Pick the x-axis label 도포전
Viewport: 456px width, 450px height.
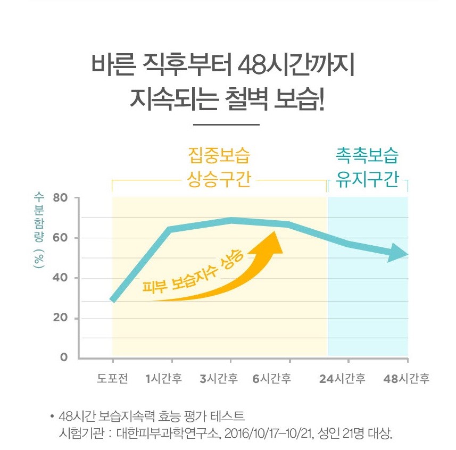113,379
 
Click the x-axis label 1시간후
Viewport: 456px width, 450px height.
164,379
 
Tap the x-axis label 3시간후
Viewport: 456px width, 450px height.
219,379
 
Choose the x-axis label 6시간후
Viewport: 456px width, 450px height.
271,379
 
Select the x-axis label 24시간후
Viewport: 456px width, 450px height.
342,379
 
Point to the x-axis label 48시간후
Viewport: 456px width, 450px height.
407,379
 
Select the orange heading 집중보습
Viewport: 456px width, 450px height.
219,156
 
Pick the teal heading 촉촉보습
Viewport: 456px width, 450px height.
367,156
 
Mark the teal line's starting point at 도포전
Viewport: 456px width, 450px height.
113,299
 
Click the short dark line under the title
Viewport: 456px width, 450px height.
227,124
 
